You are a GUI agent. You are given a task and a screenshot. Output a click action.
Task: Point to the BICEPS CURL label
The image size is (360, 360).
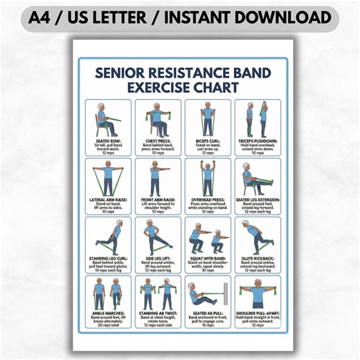(207, 139)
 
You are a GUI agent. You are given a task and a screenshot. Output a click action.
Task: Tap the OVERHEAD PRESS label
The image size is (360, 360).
(207, 199)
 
